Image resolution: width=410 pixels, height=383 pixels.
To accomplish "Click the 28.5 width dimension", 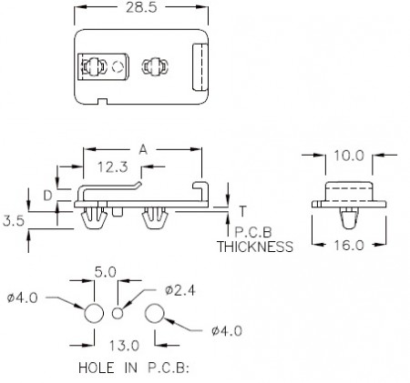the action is click(x=142, y=7).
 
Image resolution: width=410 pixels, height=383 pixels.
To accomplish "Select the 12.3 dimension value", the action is click(x=113, y=167).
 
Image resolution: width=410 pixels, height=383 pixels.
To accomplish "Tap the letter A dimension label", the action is click(x=143, y=149).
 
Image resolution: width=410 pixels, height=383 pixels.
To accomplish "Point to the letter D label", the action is click(x=47, y=196).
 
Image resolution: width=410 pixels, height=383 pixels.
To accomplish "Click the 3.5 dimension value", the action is click(x=14, y=221).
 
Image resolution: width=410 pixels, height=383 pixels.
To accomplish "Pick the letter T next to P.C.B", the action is click(x=242, y=211).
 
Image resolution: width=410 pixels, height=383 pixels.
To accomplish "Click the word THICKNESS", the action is click(x=255, y=247).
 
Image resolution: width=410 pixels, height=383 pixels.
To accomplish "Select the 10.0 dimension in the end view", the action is click(x=349, y=156).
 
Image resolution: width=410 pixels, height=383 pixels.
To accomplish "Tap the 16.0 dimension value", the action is click(x=349, y=245).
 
